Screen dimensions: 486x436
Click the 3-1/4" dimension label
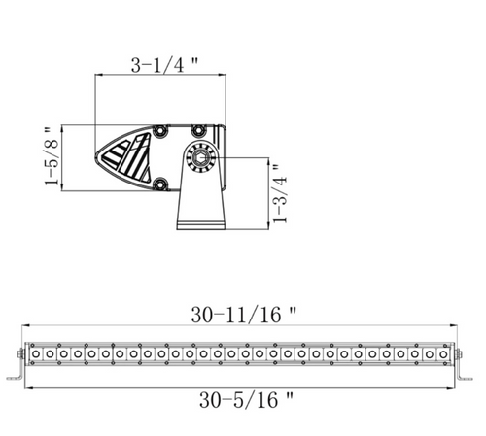point(164,65)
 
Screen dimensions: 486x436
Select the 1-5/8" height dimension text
point(52,156)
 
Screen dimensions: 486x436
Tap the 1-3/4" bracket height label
point(280,194)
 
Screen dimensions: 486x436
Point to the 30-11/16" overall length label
point(244,315)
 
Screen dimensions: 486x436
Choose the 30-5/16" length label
point(247,400)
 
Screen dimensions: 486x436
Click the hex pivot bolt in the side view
point(197,158)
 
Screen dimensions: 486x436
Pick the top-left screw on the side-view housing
point(159,131)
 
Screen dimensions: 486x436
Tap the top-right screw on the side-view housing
point(197,130)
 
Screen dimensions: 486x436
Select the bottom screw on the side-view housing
point(159,184)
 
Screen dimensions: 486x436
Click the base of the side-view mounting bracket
point(201,225)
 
